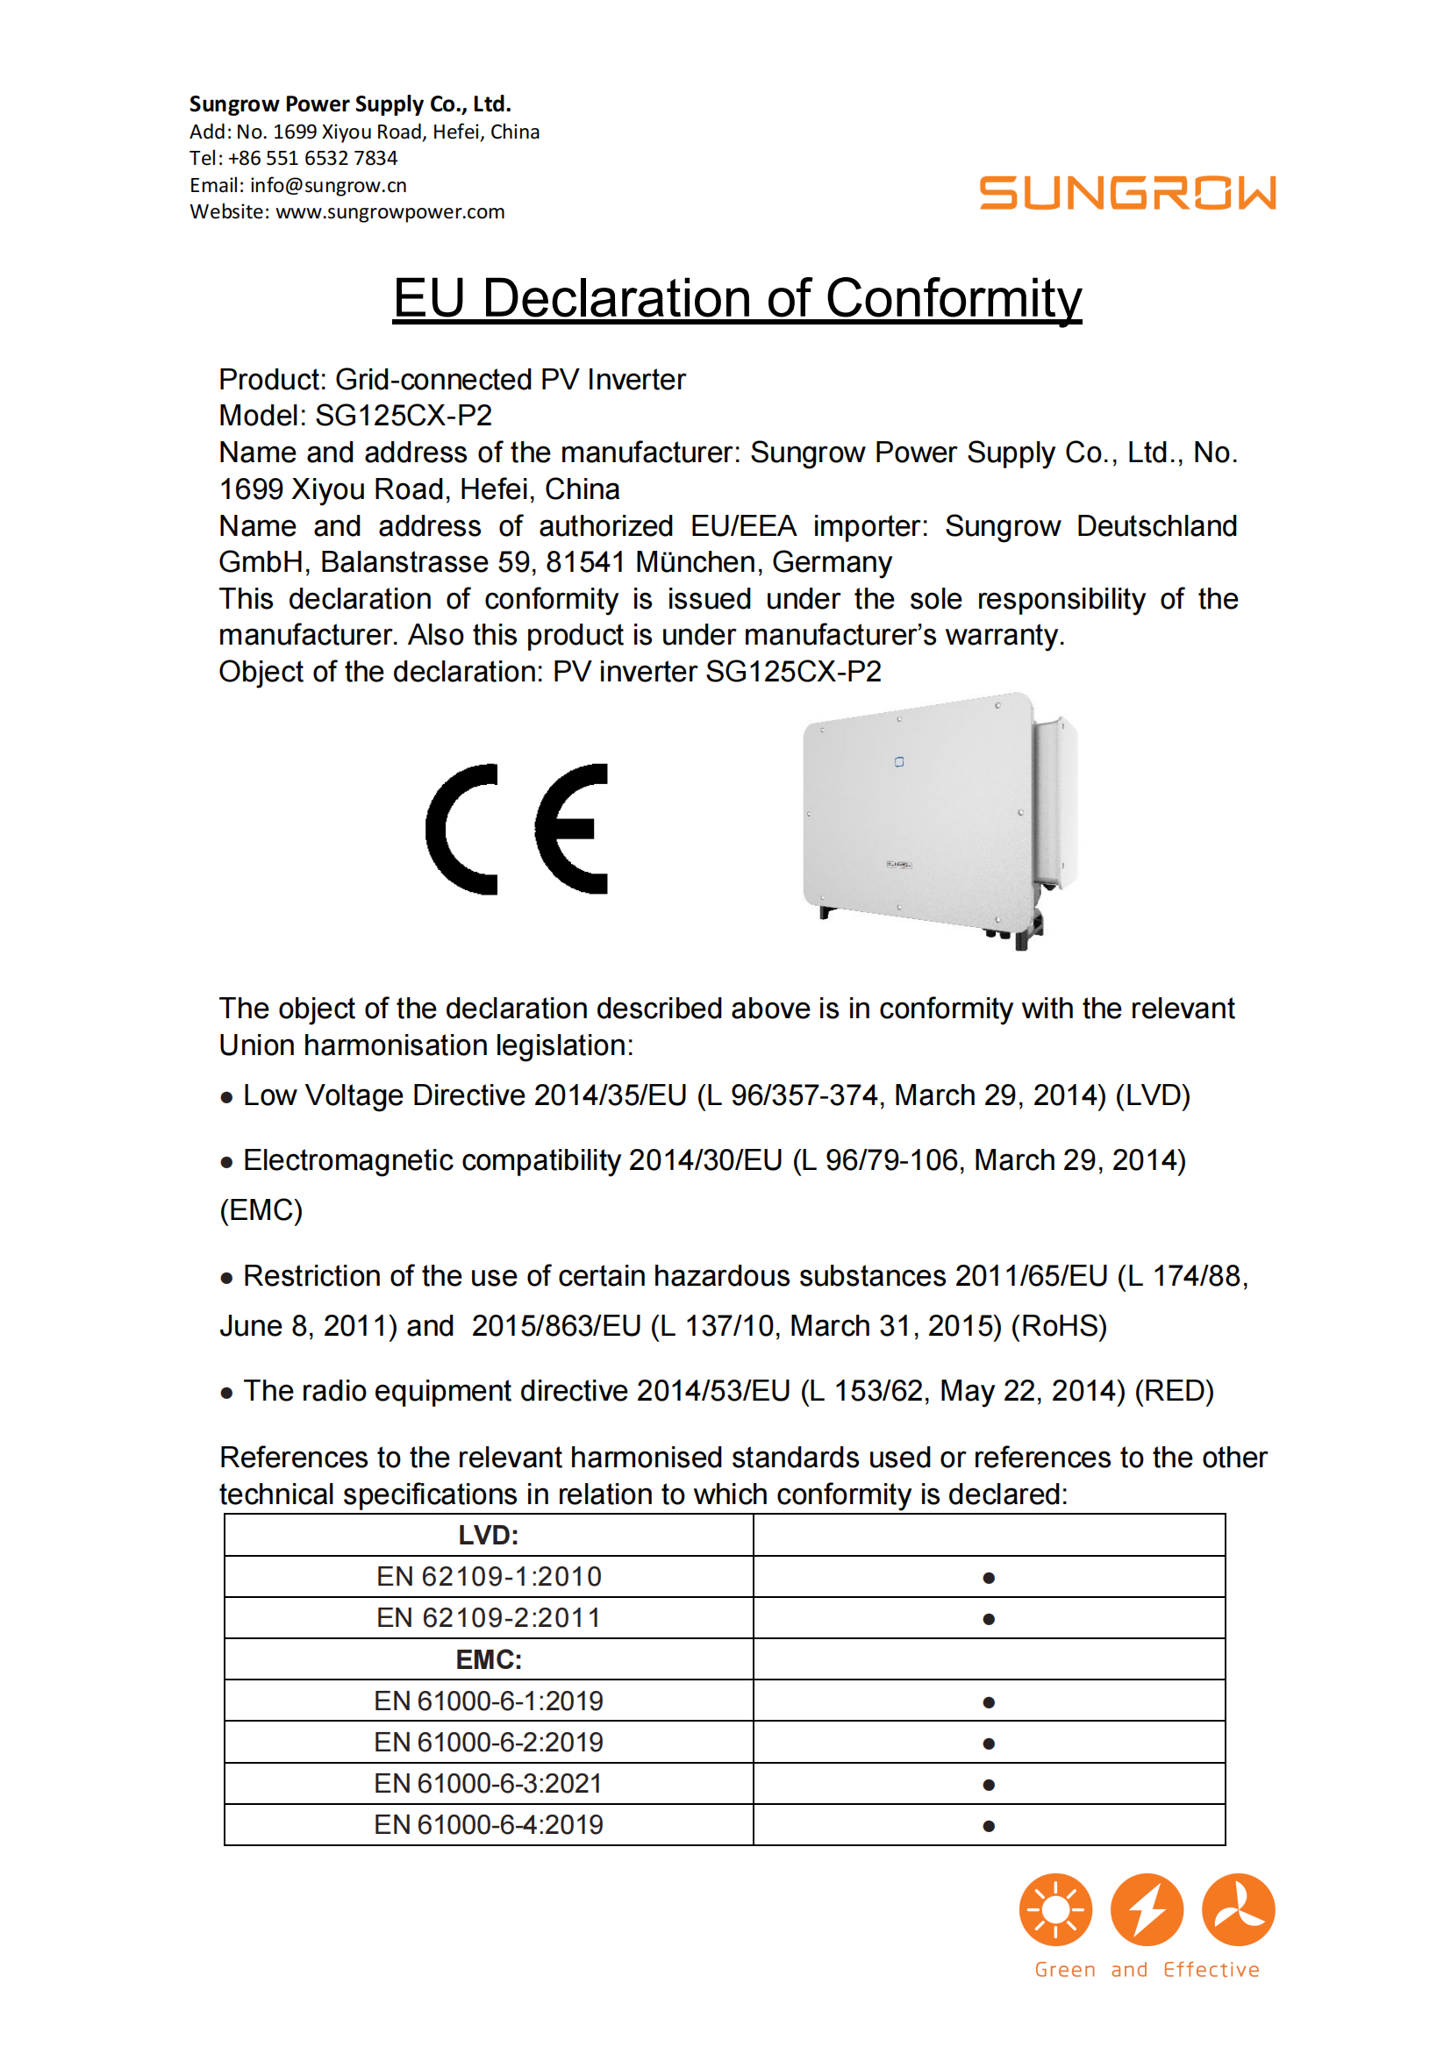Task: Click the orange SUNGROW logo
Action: (x=1126, y=193)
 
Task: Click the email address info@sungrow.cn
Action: (x=327, y=185)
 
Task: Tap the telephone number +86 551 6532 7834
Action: (x=312, y=159)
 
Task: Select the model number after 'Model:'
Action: (x=404, y=416)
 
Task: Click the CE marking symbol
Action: (x=517, y=829)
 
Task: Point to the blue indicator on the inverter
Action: (x=899, y=761)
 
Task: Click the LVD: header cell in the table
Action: (x=489, y=1535)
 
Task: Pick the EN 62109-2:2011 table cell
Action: (x=489, y=1617)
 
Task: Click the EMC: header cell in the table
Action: (x=489, y=1659)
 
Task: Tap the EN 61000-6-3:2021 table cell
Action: (x=489, y=1783)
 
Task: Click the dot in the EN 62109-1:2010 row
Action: (x=989, y=1578)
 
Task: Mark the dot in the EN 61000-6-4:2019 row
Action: (x=989, y=1826)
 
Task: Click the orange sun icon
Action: (x=1055, y=1909)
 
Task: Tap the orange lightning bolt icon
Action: (x=1147, y=1909)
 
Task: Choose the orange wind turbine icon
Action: (x=1238, y=1909)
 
